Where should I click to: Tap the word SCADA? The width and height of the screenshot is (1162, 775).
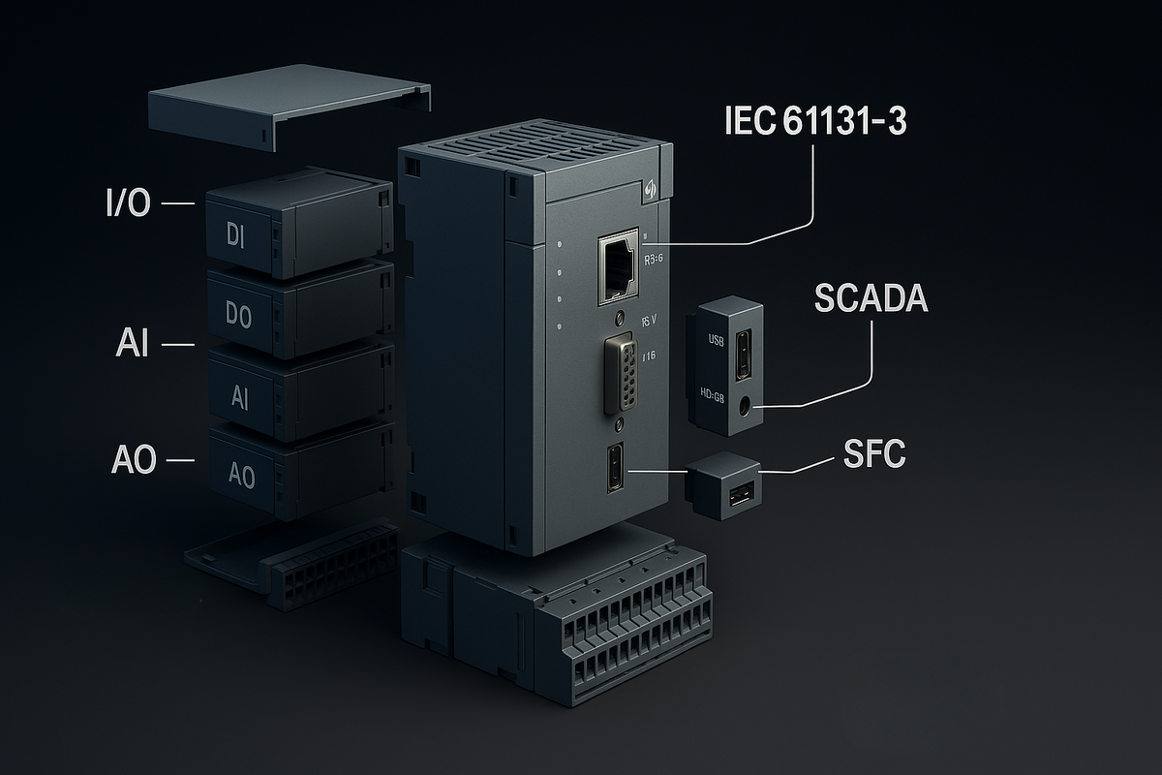point(871,299)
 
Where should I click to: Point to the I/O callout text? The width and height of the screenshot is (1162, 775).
point(127,204)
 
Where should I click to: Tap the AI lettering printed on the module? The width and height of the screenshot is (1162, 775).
point(241,398)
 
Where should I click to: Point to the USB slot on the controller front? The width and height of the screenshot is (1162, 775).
point(616,469)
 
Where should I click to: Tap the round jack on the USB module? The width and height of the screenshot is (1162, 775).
point(746,406)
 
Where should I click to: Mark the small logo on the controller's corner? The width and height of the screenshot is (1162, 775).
point(649,192)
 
